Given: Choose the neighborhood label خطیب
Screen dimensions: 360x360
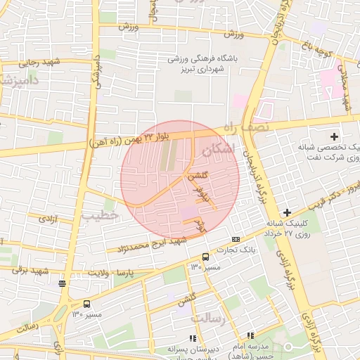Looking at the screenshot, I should [101, 215].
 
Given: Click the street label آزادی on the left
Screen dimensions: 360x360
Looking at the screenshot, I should [48, 219].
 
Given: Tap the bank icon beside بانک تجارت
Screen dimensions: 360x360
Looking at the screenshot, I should [235, 240].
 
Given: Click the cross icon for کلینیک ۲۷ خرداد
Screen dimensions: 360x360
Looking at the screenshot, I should [287, 212].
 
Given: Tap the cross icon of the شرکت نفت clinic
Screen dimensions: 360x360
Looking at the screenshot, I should [334, 136].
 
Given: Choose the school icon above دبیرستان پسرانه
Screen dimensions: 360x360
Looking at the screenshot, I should [193, 338].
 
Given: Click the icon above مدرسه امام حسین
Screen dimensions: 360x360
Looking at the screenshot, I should [250, 335].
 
